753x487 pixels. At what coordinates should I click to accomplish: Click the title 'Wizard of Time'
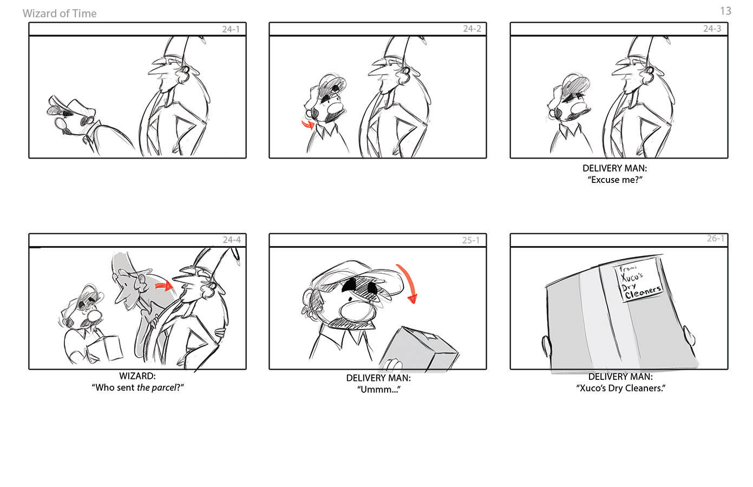point(60,14)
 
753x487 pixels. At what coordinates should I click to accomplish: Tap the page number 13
point(725,11)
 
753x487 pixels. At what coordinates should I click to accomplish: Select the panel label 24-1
point(231,29)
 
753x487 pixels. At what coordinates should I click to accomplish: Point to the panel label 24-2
point(472,29)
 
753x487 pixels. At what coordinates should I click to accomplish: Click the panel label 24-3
point(712,29)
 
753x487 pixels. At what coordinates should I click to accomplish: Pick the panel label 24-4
point(232,240)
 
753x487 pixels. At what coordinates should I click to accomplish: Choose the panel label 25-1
point(470,240)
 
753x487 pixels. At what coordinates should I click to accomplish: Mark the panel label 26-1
point(715,238)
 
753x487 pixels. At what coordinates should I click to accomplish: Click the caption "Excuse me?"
point(615,180)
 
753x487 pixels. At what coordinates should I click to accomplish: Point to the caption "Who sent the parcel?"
point(137,387)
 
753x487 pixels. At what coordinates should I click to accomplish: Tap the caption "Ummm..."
point(378,390)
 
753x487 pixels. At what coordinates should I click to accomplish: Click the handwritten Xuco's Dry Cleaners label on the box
point(639,281)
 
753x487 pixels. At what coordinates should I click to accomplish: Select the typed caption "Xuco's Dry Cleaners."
point(620,388)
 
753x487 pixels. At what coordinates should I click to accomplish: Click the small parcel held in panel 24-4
point(105,349)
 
